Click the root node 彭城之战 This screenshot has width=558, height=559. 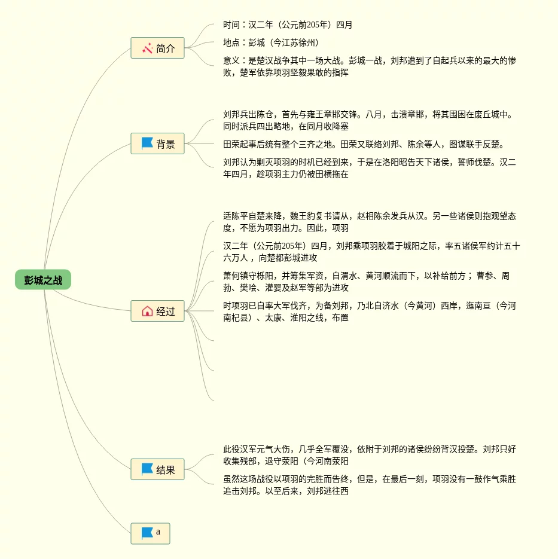(43, 280)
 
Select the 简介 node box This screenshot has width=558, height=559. (157, 48)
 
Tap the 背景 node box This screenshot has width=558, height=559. (157, 143)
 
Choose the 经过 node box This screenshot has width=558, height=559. (157, 311)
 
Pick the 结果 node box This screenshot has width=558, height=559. (157, 469)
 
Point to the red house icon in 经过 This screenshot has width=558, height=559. (147, 311)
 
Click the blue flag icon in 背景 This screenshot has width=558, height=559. (147, 143)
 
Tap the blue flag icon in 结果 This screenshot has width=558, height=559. (147, 469)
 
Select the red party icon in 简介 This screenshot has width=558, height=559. (147, 48)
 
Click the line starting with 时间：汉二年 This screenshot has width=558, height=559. (288, 25)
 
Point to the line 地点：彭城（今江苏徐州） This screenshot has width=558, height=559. (271, 43)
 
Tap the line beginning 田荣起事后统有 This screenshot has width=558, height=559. (364, 144)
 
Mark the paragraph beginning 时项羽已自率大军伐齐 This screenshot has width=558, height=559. (369, 311)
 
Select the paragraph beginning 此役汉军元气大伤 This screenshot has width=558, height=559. (369, 455)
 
